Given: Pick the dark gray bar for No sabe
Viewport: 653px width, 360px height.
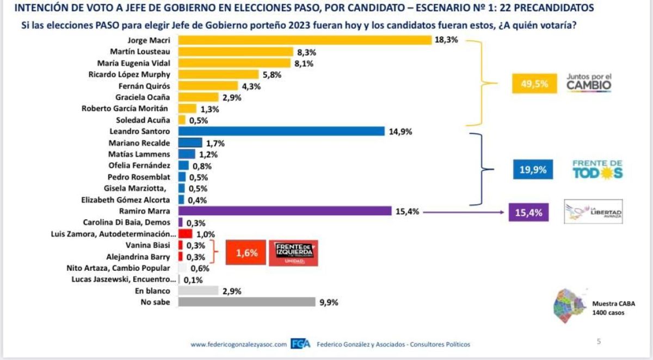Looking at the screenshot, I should click(247, 302).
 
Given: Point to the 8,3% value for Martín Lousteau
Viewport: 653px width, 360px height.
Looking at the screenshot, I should click(306, 52).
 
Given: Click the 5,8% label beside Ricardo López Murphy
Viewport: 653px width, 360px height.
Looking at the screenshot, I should click(271, 75).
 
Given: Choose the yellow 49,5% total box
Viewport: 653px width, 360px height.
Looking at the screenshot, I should click(534, 84).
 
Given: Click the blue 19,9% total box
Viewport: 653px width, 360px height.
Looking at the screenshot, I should click(533, 170).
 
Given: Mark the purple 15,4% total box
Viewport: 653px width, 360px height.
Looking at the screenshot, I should click(528, 212).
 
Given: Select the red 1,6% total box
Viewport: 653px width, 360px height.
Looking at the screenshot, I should click(247, 253).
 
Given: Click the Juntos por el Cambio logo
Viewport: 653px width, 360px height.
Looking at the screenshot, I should click(589, 83).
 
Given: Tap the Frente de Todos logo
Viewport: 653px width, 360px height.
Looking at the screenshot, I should click(597, 170).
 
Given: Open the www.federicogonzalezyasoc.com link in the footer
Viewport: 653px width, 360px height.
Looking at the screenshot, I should click(238, 344).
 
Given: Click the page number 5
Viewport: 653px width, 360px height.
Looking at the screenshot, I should click(599, 342).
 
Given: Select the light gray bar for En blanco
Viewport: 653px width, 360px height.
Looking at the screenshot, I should click(198, 290).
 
